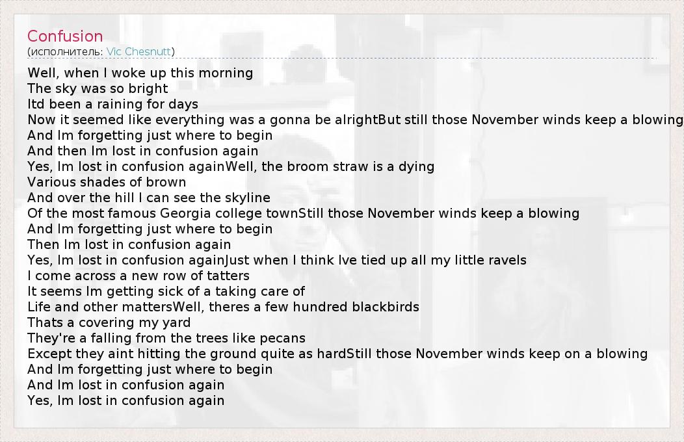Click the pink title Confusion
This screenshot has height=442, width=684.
[x=65, y=36]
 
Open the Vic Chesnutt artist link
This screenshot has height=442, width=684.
[x=138, y=51]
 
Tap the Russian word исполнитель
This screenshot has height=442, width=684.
[x=66, y=52]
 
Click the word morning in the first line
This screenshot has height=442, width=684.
[x=226, y=73]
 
